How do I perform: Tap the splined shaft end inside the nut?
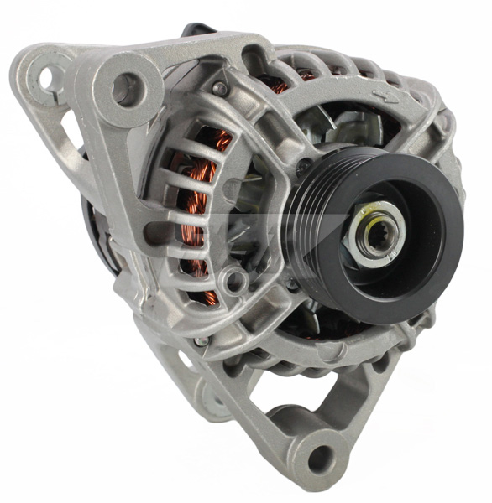tap(374, 233)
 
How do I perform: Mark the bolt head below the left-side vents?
tap(202, 340)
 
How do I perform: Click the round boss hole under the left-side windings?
tap(235, 279)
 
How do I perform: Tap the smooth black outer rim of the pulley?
tap(437, 251)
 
